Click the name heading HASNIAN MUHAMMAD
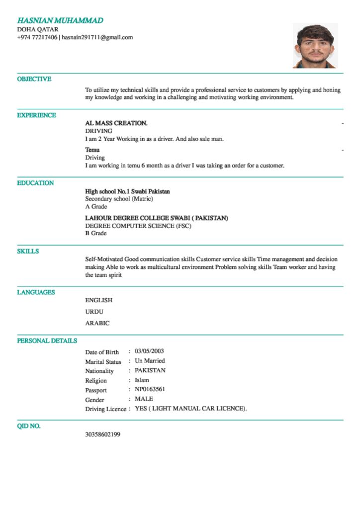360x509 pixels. pyautogui.click(x=60, y=20)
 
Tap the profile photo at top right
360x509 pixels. pyautogui.click(x=315, y=46)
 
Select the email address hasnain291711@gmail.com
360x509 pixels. pyautogui.click(x=97, y=37)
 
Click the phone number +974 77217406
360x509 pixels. pyautogui.click(x=37, y=37)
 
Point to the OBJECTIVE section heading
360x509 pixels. pyautogui.click(x=34, y=79)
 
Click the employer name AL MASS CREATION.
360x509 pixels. pyautogui.click(x=116, y=123)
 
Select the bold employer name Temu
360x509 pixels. pyautogui.click(x=92, y=150)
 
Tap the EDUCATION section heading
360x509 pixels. pyautogui.click(x=35, y=183)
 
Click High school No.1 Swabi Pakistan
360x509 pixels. pyautogui.click(x=128, y=191)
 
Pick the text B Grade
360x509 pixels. pyautogui.click(x=96, y=233)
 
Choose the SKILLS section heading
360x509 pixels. pyautogui.click(x=28, y=252)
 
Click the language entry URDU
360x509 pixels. pyautogui.click(x=94, y=312)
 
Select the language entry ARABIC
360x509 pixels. pyautogui.click(x=97, y=323)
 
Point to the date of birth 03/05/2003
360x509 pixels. pyautogui.click(x=149, y=351)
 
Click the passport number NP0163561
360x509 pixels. pyautogui.click(x=150, y=389)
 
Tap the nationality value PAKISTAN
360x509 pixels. pyautogui.click(x=150, y=370)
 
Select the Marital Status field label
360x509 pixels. pyautogui.click(x=103, y=361)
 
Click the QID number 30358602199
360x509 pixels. pyautogui.click(x=102, y=434)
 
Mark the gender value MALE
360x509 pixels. pyautogui.click(x=144, y=399)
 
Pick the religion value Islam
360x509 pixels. pyautogui.click(x=142, y=380)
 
